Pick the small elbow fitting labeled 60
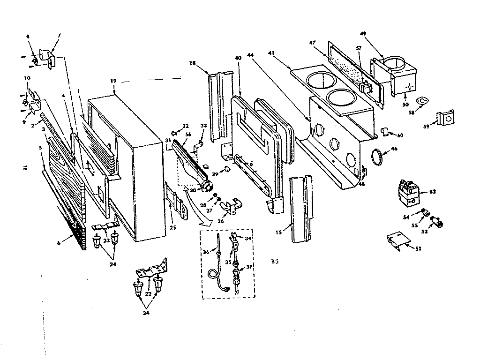point(384,133)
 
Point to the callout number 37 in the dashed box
point(250,267)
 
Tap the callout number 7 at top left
point(59,36)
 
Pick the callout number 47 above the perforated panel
point(313,43)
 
